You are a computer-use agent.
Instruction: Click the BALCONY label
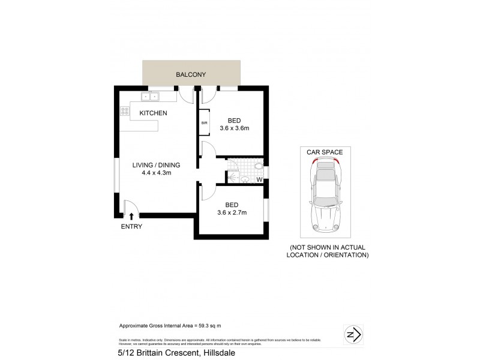pyautogui.click(x=191, y=75)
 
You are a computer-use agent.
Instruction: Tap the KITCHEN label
pyautogui.click(x=153, y=113)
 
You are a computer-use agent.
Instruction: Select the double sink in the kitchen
pyautogui.click(x=149, y=95)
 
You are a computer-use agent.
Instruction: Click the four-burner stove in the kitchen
pyautogui.click(x=125, y=111)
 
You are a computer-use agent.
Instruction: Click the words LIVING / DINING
pyautogui.click(x=156, y=165)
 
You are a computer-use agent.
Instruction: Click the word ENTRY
pyautogui.click(x=131, y=226)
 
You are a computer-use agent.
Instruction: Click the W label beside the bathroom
pyautogui.click(x=259, y=179)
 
